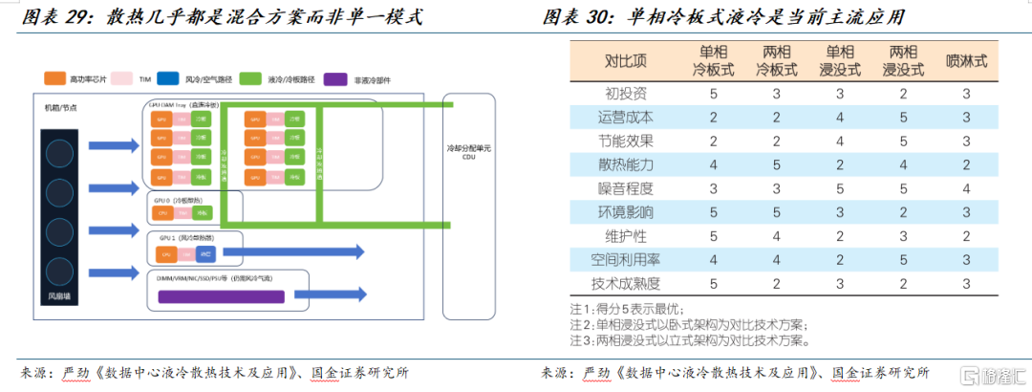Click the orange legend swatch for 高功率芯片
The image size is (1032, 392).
pos(54,77)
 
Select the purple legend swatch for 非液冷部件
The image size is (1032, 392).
pos(334,78)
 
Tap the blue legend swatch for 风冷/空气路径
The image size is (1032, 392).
pos(168,77)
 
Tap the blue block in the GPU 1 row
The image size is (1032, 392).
pos(207,254)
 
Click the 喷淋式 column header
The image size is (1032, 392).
pos(966,61)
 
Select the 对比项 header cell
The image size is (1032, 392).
pos(626,61)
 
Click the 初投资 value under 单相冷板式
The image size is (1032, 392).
pos(713,93)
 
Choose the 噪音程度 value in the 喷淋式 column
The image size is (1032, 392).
pos(966,188)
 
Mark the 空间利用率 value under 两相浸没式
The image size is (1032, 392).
pos(902,259)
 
